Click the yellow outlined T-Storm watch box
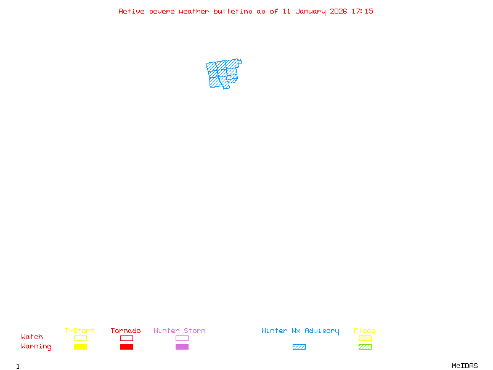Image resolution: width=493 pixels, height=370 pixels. (80, 338)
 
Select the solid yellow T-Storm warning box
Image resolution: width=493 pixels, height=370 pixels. (80, 347)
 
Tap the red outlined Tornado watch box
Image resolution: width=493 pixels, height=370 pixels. (126, 338)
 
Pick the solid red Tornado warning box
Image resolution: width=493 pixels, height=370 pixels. (126, 347)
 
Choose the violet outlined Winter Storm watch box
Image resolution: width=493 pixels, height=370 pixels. (182, 338)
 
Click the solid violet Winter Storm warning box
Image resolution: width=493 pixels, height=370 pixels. (182, 347)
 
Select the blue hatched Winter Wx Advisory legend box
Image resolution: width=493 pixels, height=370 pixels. (299, 347)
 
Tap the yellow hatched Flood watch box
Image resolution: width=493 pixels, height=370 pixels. (365, 338)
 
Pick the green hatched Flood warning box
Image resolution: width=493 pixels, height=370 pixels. (365, 347)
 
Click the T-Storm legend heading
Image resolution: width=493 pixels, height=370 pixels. (79, 331)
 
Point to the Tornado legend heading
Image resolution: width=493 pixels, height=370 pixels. (126, 331)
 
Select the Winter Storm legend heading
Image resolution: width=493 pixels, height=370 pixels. (179, 331)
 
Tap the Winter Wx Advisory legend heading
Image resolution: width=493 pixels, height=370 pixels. (300, 331)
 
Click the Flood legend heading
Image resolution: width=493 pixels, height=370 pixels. (365, 331)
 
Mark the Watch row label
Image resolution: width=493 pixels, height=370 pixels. (32, 337)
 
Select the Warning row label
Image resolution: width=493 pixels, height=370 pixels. (36, 347)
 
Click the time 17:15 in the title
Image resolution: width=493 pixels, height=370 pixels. (362, 11)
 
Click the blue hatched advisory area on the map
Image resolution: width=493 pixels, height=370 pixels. (222, 74)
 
